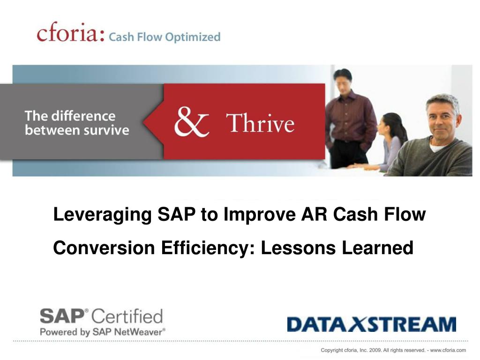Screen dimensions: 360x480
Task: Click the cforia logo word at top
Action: click(x=69, y=34)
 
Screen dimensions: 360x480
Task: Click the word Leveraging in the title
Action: click(x=102, y=216)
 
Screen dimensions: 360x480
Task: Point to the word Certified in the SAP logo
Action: click(x=127, y=316)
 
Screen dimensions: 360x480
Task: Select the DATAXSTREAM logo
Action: click(x=371, y=324)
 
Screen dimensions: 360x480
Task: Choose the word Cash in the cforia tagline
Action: click(x=121, y=37)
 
